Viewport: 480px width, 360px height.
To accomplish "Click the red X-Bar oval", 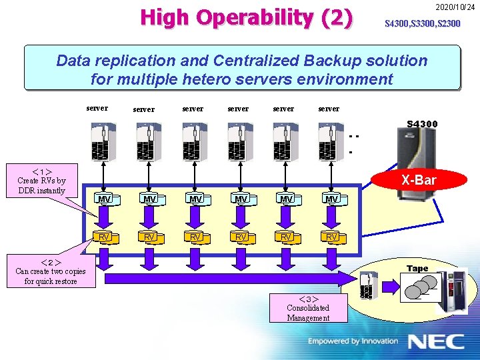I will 419,180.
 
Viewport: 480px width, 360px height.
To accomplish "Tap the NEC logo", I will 436,341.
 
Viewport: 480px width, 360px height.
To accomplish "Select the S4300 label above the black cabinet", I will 422,124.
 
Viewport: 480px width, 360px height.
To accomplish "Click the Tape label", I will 417,269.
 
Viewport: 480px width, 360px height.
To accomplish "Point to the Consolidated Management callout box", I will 308,308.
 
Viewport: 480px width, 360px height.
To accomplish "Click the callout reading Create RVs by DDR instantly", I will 41,181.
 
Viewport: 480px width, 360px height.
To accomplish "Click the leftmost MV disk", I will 104,199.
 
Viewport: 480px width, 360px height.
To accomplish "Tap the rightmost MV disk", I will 331,199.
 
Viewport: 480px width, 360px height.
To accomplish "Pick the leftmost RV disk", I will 104,237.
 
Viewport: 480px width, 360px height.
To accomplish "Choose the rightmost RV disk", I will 331,237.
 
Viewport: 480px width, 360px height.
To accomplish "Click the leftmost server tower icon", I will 102,142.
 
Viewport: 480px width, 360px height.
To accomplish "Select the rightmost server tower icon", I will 329,142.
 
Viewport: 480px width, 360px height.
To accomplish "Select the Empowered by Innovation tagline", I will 353,341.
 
